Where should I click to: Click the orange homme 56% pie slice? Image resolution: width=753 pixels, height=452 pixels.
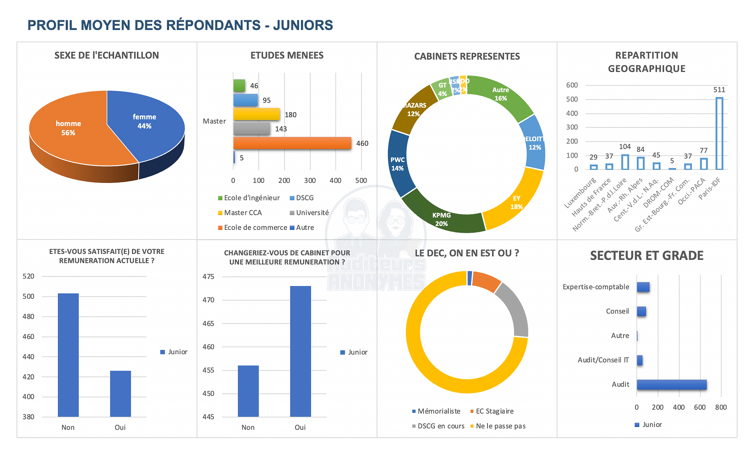pos(69,131)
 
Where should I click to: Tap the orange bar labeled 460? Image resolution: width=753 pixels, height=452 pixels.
pos(292,143)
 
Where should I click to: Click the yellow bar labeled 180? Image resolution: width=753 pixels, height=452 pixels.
pos(256,114)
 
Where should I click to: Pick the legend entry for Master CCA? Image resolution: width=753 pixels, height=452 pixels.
pos(242,213)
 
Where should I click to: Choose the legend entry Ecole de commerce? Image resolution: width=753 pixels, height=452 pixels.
pos(255,228)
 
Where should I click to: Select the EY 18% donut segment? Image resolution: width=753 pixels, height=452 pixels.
pos(515,200)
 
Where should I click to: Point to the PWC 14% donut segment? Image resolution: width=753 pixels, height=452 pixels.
pos(398,163)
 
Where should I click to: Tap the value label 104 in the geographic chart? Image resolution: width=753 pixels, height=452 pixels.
pos(625,147)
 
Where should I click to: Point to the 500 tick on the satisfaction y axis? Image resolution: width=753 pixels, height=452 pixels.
pos(28,296)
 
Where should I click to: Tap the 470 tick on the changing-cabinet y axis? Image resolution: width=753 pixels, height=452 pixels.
pos(208,300)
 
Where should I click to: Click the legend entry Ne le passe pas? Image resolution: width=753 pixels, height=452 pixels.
pos(500,426)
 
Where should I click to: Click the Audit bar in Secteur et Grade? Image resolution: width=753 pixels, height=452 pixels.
pos(671,384)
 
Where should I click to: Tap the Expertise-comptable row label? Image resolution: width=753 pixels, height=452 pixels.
pos(595,287)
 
